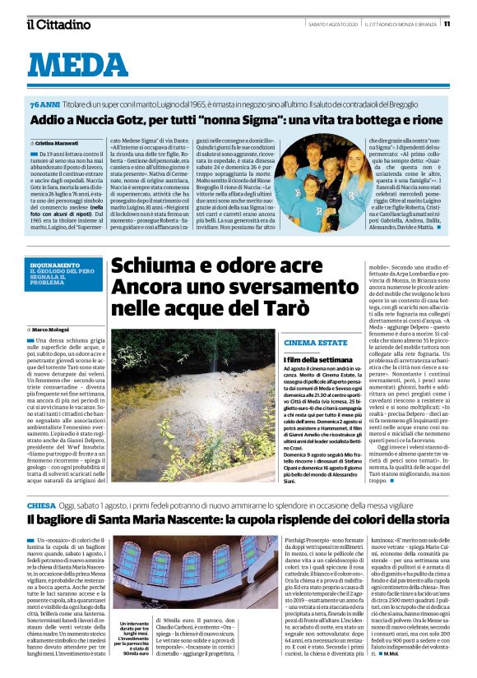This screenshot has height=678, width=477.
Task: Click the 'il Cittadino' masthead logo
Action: pos(58,24)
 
